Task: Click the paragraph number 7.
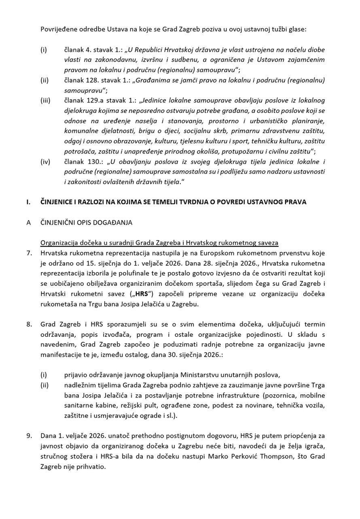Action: pos(29,253)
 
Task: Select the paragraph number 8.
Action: pos(29,324)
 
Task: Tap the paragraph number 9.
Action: pos(29,436)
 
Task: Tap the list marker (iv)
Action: pos(45,162)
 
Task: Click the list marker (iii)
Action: pos(45,100)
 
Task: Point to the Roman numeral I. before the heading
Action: pos(28,202)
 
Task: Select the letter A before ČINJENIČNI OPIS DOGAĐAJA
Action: pos(29,223)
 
